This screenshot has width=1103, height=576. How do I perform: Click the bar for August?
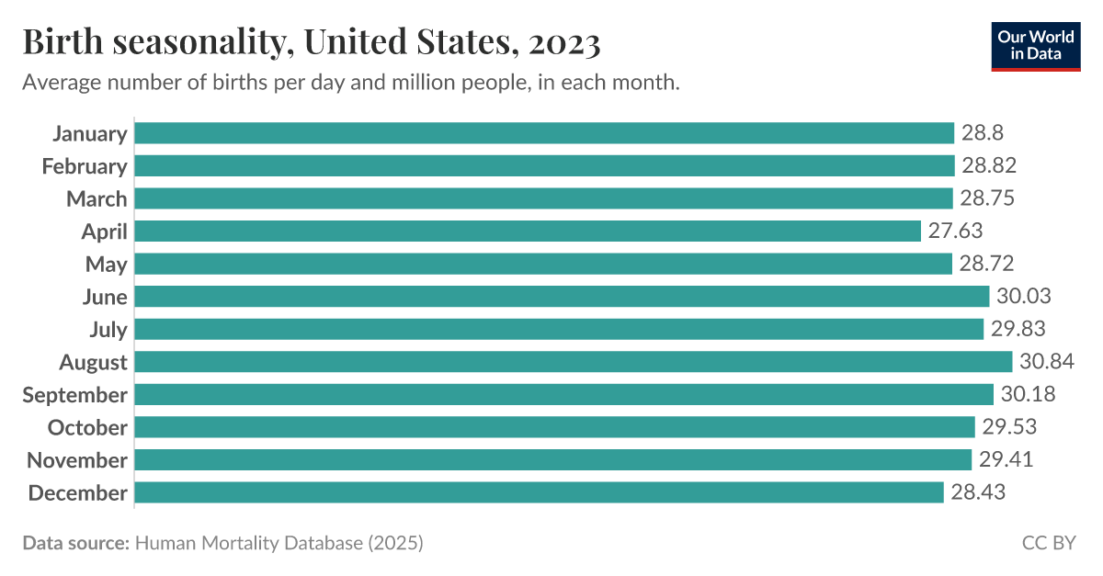pos(574,362)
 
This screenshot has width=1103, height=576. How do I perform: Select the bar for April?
pos(528,232)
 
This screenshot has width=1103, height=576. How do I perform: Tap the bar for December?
pos(540,492)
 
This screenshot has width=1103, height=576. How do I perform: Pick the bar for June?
pos(563,297)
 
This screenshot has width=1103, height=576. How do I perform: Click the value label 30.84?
pos(1047,362)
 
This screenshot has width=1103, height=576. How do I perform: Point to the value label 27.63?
pos(955,232)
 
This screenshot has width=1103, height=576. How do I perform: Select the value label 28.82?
pos(989,166)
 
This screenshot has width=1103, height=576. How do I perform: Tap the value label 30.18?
pos(1028,395)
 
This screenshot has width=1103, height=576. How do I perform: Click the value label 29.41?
pos(1006,460)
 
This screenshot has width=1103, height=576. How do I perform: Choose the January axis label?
pos(89,134)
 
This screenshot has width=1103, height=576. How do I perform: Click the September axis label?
pos(74,395)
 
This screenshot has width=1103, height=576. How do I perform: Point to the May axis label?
pos(106,265)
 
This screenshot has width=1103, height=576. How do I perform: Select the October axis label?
pos(87,427)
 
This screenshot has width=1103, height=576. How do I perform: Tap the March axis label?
pos(97,199)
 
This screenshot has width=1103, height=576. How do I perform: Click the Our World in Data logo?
pos(1036,45)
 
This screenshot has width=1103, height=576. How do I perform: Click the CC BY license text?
pos(1049,543)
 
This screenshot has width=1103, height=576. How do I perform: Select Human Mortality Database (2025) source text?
pos(279,543)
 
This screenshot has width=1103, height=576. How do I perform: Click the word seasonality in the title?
pos(192,43)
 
